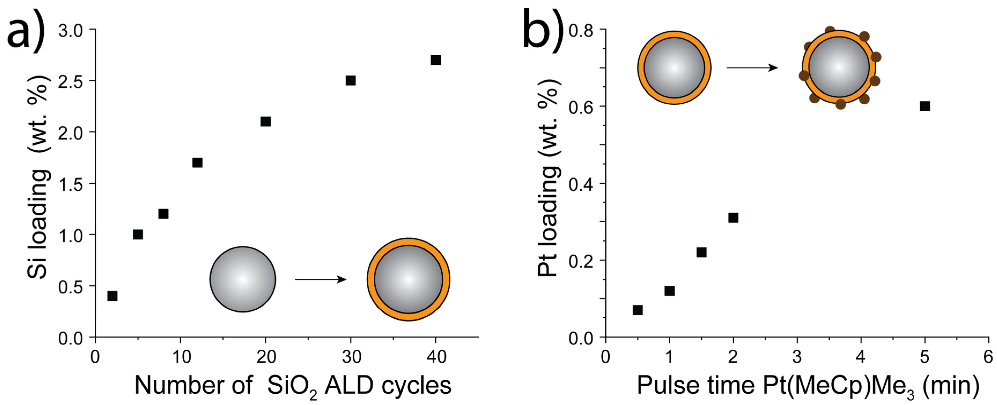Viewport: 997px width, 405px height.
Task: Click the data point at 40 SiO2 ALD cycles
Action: pos(435,60)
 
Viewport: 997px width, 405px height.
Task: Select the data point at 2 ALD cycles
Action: pos(112,296)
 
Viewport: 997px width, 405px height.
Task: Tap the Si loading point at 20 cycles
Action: pos(265,121)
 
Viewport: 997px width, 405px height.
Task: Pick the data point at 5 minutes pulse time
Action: pos(925,106)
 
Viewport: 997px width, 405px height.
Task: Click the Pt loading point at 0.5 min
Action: pos(638,310)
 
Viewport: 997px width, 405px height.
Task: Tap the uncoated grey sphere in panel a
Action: pos(243,279)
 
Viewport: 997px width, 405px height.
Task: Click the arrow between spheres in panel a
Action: pos(321,279)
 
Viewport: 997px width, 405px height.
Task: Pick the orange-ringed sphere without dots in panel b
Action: pos(674,68)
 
